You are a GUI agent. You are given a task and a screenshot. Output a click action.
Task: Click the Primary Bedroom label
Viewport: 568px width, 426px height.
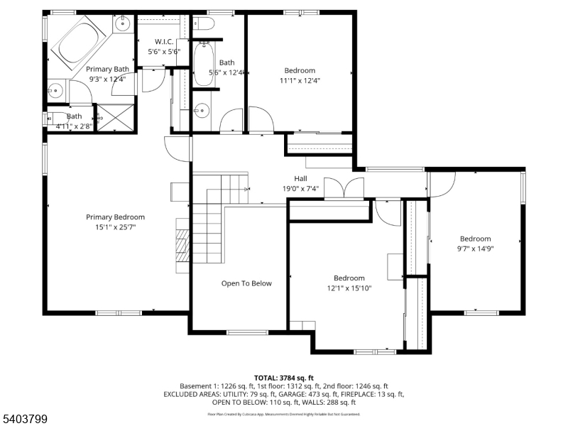tap(115, 217)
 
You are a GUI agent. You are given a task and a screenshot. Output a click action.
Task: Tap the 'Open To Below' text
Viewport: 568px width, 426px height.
tap(246, 283)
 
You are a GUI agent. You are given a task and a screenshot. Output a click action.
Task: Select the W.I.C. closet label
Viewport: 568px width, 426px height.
tap(163, 41)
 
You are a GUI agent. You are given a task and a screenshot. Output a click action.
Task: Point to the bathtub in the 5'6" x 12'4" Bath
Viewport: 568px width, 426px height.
tap(204, 65)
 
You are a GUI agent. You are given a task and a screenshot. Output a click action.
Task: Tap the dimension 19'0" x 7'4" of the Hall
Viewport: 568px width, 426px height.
tap(300, 189)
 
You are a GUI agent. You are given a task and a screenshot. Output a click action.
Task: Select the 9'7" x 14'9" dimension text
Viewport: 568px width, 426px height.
tap(475, 249)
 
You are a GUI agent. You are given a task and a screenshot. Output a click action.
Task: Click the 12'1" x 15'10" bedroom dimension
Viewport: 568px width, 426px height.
tap(349, 288)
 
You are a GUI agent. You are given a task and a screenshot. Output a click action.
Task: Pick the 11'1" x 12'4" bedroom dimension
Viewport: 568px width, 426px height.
tap(300, 81)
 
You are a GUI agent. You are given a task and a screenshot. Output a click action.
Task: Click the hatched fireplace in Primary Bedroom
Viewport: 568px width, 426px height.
tap(182, 246)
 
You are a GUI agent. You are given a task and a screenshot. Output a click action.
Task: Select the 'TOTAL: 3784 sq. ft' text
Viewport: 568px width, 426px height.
tap(284, 378)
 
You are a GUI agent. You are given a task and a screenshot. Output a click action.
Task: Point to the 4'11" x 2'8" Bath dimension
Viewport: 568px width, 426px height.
tap(74, 126)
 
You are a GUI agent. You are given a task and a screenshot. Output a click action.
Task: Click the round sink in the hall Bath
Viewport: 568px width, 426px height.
tap(202, 110)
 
